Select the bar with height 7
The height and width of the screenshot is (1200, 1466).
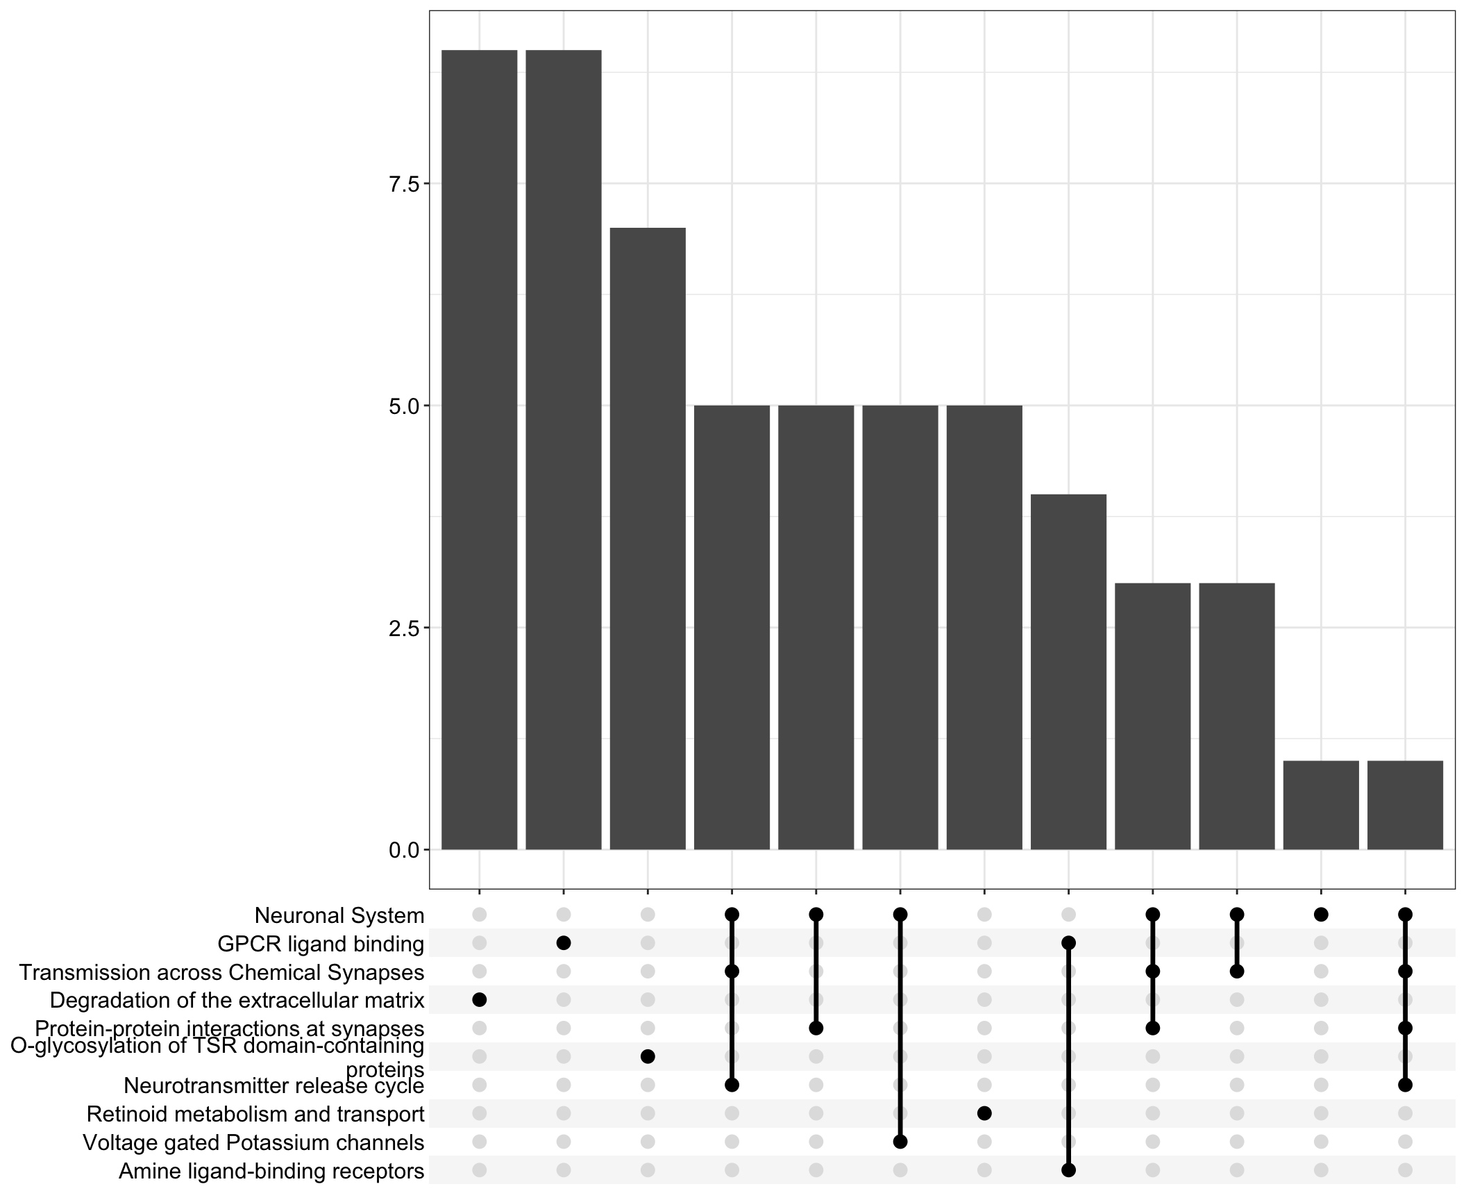648,538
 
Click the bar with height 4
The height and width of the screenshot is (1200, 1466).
1068,672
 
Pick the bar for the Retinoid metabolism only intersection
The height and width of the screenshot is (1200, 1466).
984,627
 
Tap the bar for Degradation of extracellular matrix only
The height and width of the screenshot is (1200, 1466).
480,449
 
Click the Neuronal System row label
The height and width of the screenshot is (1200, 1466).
339,915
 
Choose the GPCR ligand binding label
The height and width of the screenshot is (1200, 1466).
321,944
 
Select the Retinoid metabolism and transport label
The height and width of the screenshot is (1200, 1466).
255,1114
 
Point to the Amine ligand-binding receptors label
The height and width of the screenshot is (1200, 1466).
271,1171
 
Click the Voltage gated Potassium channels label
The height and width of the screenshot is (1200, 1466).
253,1142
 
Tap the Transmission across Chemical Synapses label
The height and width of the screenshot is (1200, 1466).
221,972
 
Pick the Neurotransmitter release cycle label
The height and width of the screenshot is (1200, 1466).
274,1085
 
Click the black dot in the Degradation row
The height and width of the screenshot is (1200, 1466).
480,1000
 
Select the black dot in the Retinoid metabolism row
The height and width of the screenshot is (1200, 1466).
984,1113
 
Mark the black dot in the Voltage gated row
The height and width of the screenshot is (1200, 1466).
900,1142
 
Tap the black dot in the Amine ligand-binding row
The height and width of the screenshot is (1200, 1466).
1068,1170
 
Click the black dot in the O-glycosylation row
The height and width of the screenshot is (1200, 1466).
648,1056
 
